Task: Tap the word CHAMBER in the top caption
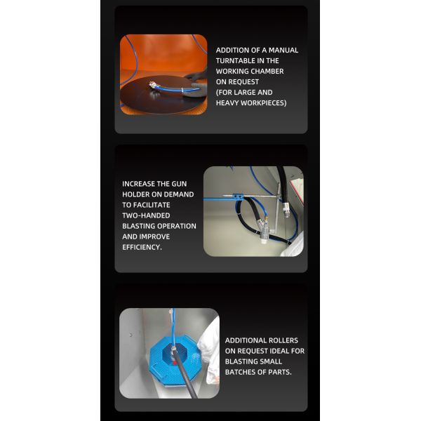[267, 71]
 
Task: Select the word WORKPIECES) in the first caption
[264, 103]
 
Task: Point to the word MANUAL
[283, 51]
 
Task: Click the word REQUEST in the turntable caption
[243, 81]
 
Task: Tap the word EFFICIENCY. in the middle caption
[142, 247]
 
